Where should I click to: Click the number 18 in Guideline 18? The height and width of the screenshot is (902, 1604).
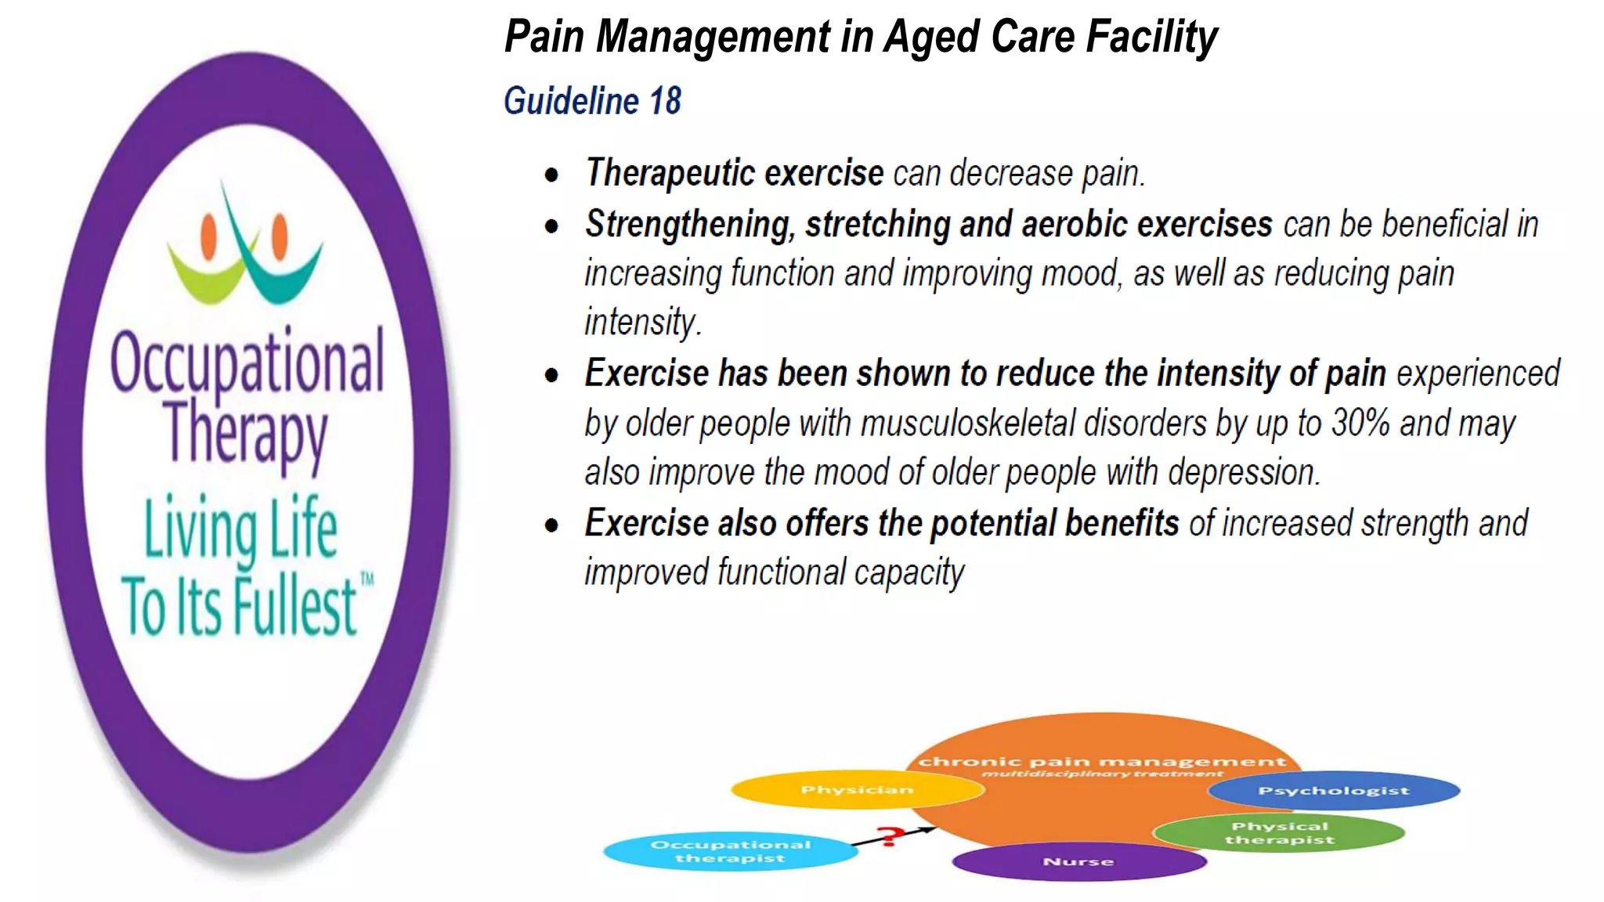[664, 101]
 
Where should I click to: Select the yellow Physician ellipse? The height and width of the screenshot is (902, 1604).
[857, 790]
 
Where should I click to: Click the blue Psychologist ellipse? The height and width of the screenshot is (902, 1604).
[1333, 791]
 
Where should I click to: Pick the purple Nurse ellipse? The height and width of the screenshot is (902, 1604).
[1078, 862]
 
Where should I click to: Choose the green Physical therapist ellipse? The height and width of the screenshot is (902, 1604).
[1279, 833]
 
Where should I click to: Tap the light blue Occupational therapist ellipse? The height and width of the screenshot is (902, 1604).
[730, 852]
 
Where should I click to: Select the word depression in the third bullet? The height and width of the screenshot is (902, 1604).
[1243, 473]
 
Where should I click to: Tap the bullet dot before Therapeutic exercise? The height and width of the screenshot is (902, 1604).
[552, 175]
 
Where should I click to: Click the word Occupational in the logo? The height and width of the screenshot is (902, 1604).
[247, 362]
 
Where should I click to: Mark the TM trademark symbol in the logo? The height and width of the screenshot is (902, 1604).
[367, 579]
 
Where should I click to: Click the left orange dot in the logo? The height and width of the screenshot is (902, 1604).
[208, 236]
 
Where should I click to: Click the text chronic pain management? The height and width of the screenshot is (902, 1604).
[1102, 761]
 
